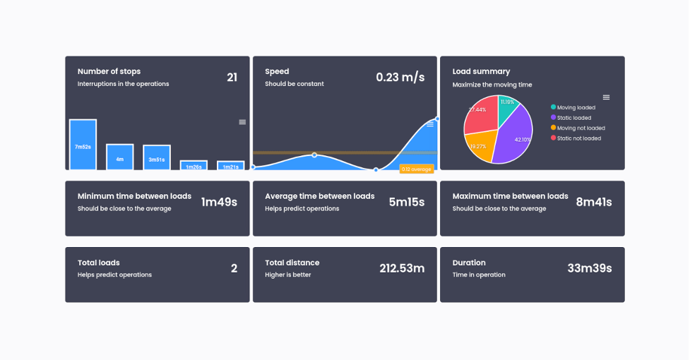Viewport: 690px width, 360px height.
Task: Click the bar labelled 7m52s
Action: click(83, 145)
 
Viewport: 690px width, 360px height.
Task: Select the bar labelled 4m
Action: click(120, 157)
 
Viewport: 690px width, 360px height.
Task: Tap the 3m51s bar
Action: click(157, 157)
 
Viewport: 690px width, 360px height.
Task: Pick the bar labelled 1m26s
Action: click(194, 165)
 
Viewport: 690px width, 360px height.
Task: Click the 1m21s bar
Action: click(230, 166)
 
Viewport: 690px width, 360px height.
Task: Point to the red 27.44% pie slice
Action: click(479, 116)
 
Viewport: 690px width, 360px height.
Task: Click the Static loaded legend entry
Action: click(573, 118)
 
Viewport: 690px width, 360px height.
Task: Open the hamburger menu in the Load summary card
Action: click(606, 97)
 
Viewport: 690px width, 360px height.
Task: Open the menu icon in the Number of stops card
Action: click(242, 122)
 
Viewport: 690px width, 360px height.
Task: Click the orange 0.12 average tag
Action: click(416, 169)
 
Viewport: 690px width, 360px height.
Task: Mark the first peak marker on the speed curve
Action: click(314, 155)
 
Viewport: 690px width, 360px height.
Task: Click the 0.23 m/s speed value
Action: click(400, 78)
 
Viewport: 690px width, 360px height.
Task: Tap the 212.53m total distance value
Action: click(402, 268)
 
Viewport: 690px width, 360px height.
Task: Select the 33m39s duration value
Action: click(589, 268)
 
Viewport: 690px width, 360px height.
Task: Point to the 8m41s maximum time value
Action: click(593, 202)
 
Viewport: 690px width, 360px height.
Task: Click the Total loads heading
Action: click(98, 263)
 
